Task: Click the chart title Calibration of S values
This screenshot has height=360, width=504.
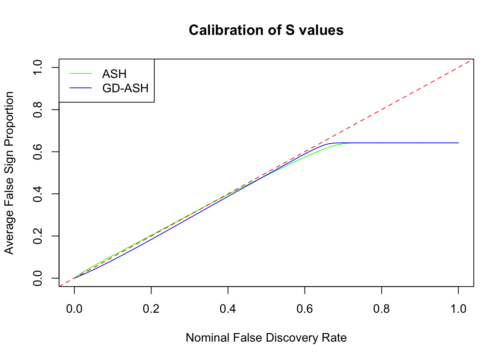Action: tap(266, 30)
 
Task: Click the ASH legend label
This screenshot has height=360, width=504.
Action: tap(114, 74)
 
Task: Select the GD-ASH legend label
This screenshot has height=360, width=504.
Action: tap(125, 88)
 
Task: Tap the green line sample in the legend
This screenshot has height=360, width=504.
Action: tap(81, 74)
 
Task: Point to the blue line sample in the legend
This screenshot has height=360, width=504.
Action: tap(81, 88)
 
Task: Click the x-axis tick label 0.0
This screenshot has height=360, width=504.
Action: tap(74, 309)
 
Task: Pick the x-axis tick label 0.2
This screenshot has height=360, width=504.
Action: tap(151, 309)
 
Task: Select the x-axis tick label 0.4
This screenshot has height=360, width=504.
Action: tap(228, 309)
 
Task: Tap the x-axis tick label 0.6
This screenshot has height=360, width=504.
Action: tap(305, 309)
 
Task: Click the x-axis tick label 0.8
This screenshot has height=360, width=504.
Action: tap(381, 309)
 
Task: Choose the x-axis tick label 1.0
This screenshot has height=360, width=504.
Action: tap(458, 309)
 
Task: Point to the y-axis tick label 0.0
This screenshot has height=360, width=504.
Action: tap(37, 278)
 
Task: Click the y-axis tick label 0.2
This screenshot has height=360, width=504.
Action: tap(37, 236)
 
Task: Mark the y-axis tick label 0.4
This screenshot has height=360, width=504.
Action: tap(37, 194)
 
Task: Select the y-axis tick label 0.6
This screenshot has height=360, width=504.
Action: tap(37, 151)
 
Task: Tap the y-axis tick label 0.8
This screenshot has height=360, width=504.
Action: tap(37, 109)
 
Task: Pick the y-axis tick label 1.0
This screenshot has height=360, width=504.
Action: tap(37, 67)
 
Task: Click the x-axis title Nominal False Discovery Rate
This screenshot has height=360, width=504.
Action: tap(266, 338)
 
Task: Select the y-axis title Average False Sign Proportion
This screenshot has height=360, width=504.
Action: tap(9, 173)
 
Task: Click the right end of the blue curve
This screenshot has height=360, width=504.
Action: tap(458, 143)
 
